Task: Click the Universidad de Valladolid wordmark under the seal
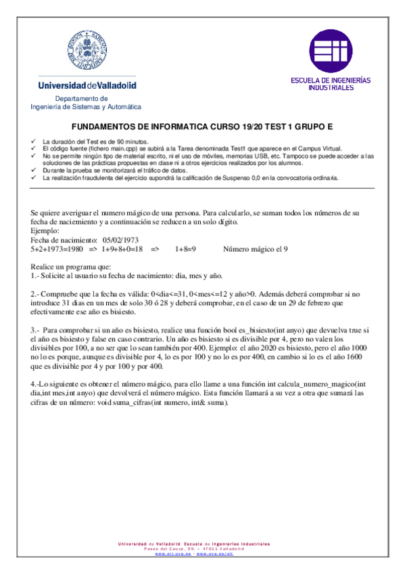click(87, 86)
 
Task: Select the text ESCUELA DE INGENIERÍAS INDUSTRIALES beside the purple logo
click(331, 83)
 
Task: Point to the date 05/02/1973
click(121, 240)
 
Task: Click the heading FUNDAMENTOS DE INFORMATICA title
click(202, 127)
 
